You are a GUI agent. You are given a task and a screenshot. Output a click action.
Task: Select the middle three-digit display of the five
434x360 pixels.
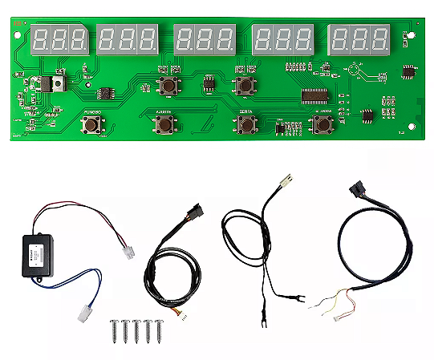[x=204, y=38]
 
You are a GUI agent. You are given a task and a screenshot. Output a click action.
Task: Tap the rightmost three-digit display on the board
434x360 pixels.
[x=359, y=37]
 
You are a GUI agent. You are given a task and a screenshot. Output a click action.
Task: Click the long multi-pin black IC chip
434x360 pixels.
[x=319, y=96]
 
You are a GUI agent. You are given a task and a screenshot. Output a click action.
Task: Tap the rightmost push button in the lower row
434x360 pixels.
[x=322, y=123]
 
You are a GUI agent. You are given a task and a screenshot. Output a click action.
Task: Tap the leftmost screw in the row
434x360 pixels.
[x=114, y=328]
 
